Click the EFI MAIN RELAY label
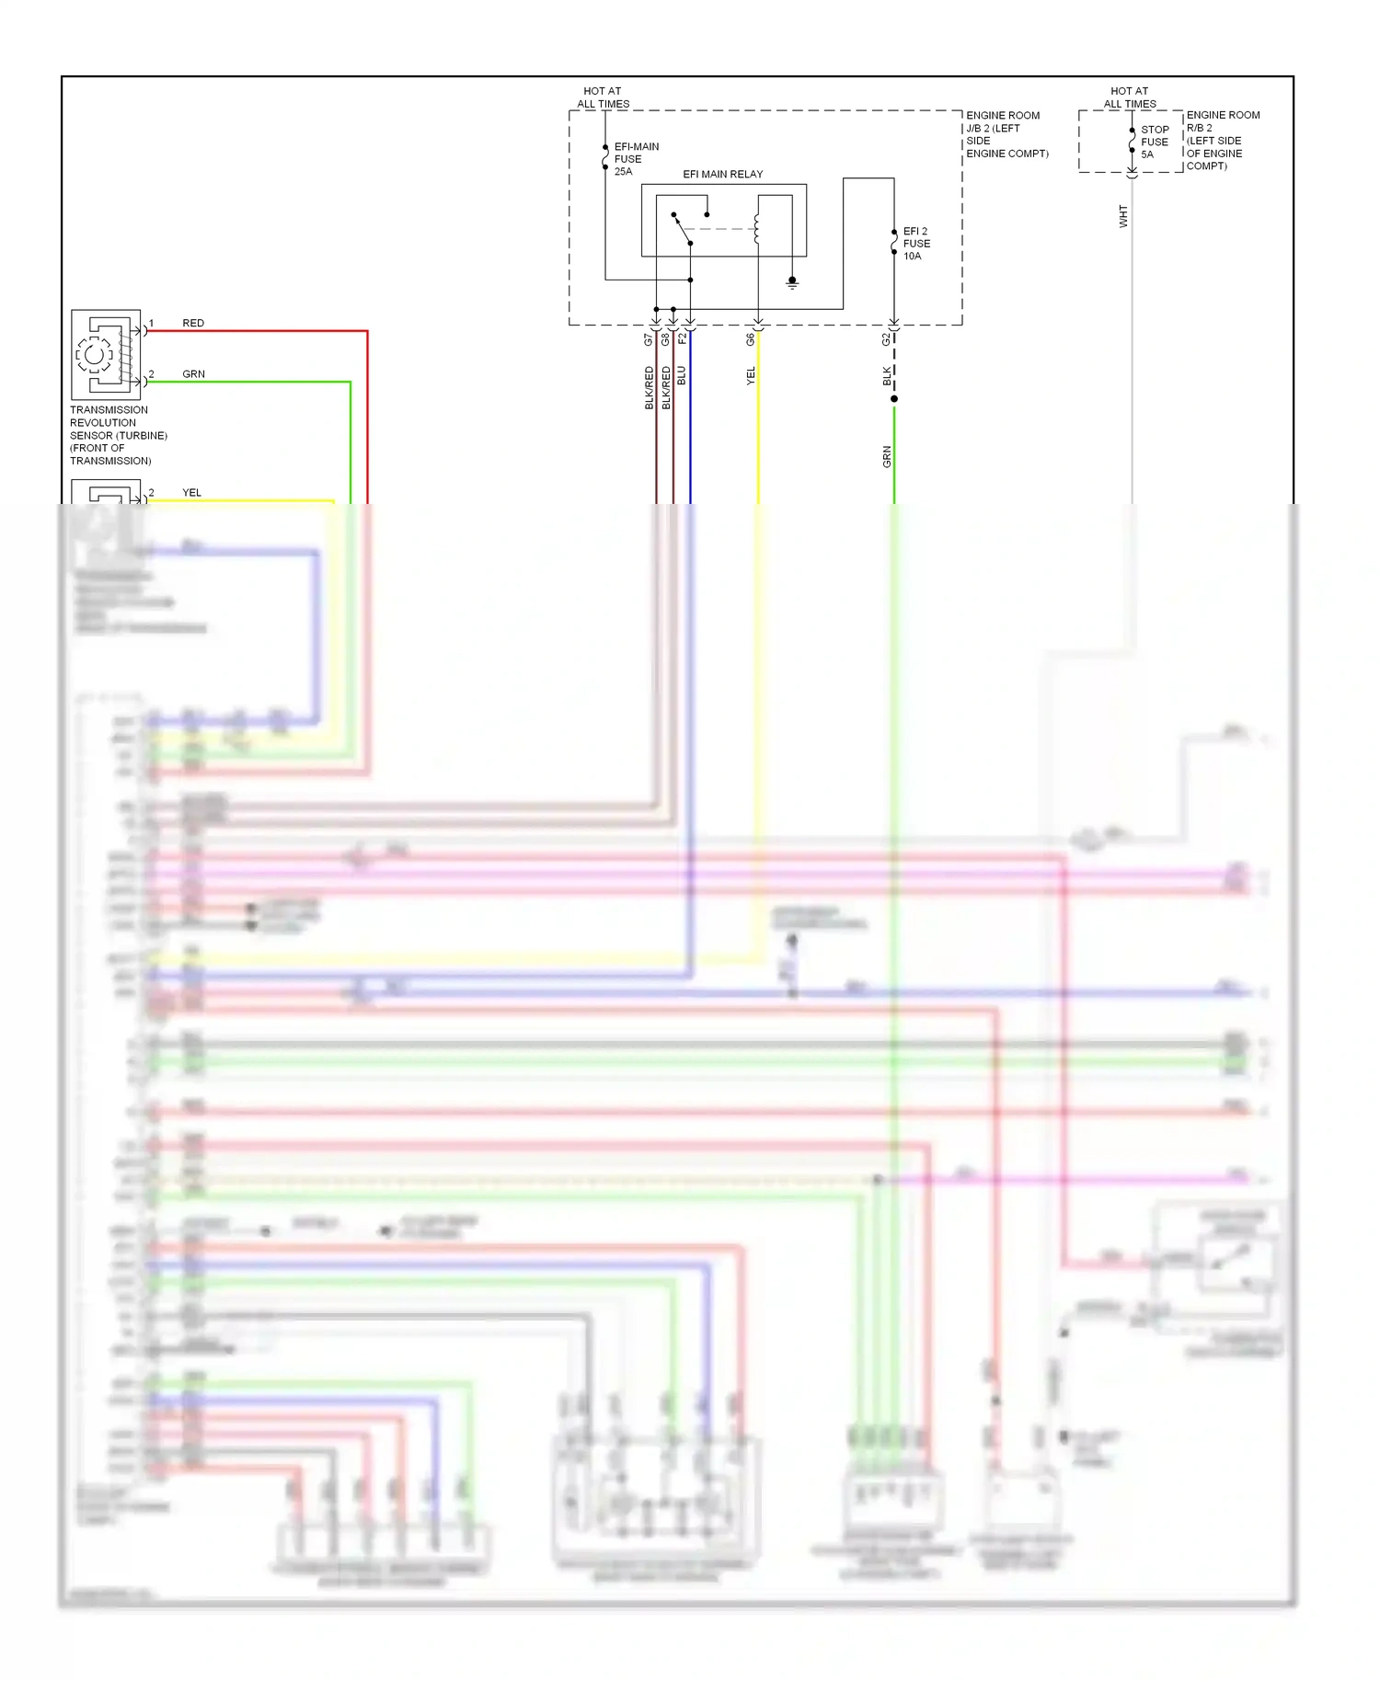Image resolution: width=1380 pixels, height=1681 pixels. pyautogui.click(x=722, y=174)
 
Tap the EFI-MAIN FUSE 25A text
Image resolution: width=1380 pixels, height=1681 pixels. pyautogui.click(x=636, y=159)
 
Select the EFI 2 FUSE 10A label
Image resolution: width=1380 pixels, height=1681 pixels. pyautogui.click(x=916, y=244)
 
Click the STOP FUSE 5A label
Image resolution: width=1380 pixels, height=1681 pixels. pyautogui.click(x=1155, y=143)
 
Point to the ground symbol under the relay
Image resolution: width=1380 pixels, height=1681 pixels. pyautogui.click(x=792, y=283)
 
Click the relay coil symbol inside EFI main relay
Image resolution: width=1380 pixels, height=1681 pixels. pyautogui.click(x=757, y=229)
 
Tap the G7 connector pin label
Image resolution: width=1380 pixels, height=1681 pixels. pyautogui.click(x=648, y=339)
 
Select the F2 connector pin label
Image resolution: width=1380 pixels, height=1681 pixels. pyautogui.click(x=682, y=338)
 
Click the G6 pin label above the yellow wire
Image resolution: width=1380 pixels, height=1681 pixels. pyautogui.click(x=750, y=339)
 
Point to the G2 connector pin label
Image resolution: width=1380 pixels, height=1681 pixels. pyautogui.click(x=886, y=339)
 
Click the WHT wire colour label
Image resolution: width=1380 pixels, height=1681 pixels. pyautogui.click(x=1122, y=216)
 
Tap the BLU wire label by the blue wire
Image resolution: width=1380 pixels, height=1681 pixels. pyautogui.click(x=682, y=375)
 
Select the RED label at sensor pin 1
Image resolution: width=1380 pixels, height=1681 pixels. pyautogui.click(x=193, y=323)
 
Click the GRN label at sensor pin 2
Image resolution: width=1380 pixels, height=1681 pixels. pyautogui.click(x=193, y=374)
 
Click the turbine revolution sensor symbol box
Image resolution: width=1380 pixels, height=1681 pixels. pyautogui.click(x=106, y=354)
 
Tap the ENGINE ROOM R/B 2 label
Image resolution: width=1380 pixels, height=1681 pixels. pyautogui.click(x=1222, y=140)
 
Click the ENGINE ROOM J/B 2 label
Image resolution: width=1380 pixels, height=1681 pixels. pyautogui.click(x=1006, y=134)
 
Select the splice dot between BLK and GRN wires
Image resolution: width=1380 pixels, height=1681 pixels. pyautogui.click(x=893, y=398)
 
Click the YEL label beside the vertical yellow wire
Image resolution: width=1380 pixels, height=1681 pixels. pyautogui.click(x=751, y=375)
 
